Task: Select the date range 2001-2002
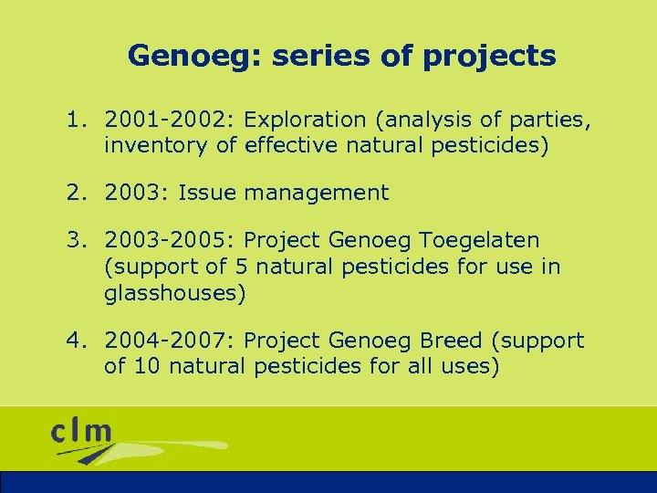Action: point(170,120)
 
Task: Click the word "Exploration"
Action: point(305,120)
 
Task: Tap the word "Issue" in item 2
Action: point(208,193)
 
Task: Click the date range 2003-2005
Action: point(170,241)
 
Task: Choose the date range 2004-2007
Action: point(170,341)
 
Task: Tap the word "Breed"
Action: point(452,341)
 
